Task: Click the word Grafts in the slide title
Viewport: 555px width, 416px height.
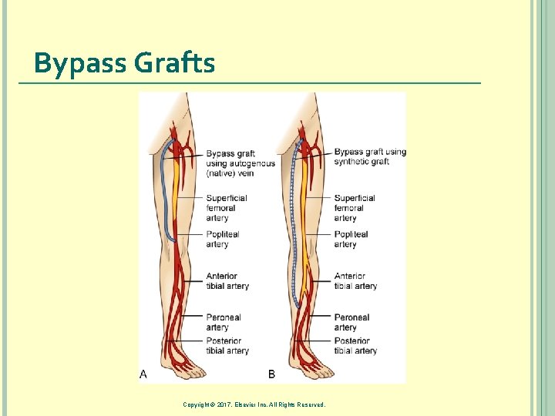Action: [174, 62]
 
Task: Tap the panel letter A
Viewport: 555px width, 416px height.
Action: [143, 374]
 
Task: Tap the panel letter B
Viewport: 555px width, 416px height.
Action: [271, 374]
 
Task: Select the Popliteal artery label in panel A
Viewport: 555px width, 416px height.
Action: [222, 240]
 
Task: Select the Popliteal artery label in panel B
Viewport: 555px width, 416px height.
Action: [351, 240]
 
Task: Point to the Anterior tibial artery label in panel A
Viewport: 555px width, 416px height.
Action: [227, 281]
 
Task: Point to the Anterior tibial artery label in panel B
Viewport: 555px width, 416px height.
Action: [355, 281]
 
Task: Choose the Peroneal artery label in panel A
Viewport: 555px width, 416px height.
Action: [223, 322]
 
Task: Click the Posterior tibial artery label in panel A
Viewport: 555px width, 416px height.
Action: [227, 346]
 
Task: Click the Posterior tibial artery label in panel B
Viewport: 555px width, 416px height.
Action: [355, 346]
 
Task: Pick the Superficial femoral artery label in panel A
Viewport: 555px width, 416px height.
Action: [226, 208]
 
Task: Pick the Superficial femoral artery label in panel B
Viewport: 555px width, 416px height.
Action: [355, 208]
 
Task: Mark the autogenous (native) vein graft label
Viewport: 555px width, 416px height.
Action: [240, 163]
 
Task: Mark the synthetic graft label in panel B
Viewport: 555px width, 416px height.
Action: [370, 156]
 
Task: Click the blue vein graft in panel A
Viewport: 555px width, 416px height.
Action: [163, 193]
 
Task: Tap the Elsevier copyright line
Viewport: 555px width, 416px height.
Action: [254, 404]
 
